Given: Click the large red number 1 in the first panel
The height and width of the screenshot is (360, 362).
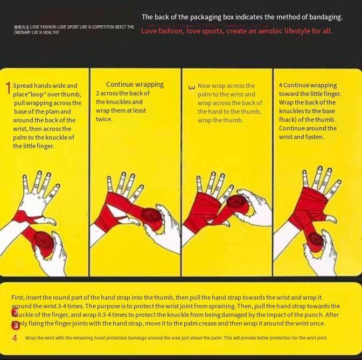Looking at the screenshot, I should [x=8, y=88].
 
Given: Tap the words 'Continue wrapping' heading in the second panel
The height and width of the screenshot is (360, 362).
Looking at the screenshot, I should [x=135, y=85].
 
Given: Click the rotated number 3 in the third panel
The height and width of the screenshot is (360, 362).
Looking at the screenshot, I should [x=191, y=87].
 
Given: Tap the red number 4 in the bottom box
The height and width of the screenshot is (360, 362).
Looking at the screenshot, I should [x=15, y=338].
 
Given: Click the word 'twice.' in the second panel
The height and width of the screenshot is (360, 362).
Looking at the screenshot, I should [x=104, y=119].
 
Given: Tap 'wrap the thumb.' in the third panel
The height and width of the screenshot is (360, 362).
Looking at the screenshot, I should [x=220, y=120].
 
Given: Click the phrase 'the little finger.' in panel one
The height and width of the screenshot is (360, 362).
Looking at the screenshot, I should [x=33, y=146].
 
